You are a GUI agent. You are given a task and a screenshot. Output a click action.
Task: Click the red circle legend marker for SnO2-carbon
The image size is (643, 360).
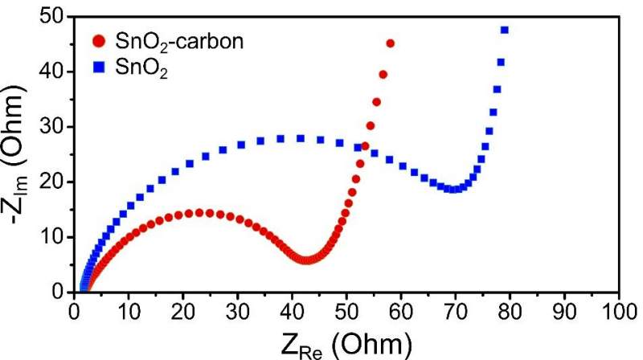pyautogui.click(x=99, y=41)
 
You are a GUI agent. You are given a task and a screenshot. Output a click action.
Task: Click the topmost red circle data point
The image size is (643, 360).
pyautogui.click(x=391, y=43)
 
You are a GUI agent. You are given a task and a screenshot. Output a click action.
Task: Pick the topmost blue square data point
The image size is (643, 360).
pyautogui.click(x=505, y=31)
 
